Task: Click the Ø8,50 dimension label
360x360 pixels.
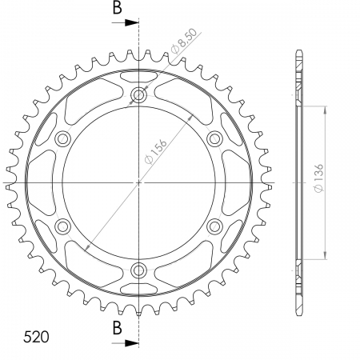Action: pyautogui.click(x=184, y=41)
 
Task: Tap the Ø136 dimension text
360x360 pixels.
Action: pyautogui.click(x=318, y=178)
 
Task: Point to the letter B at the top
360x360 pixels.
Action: pyautogui.click(x=118, y=8)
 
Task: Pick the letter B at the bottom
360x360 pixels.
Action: pyautogui.click(x=118, y=328)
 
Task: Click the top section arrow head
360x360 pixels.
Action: pyautogui.click(x=132, y=22)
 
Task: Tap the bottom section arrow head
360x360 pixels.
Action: pyautogui.click(x=132, y=343)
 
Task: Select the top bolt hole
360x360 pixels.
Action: pyautogui.click(x=138, y=94)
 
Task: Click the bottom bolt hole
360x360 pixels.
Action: pyautogui.click(x=138, y=270)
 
